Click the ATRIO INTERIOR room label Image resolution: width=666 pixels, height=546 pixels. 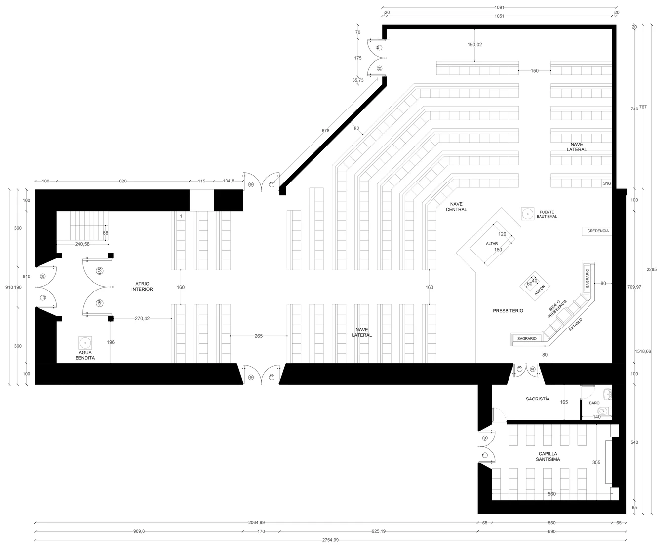[x=142, y=286]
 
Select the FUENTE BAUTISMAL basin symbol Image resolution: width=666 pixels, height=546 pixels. [x=528, y=214]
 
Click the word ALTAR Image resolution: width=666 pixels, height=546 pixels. [x=492, y=244]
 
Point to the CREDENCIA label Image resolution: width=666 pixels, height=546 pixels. [x=598, y=231]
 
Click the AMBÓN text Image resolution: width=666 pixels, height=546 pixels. [x=540, y=290]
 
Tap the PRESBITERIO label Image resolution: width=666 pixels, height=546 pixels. [x=508, y=311]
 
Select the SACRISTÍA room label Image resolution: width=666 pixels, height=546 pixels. [x=538, y=399]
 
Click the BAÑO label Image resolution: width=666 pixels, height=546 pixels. [x=594, y=403]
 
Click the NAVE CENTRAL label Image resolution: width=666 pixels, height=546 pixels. [x=456, y=207]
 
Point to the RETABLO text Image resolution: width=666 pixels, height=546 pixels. [x=575, y=324]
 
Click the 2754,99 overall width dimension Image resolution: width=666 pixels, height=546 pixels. [x=330, y=540]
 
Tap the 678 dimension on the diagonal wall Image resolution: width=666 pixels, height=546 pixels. [x=325, y=131]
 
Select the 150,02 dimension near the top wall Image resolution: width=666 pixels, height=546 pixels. [x=474, y=45]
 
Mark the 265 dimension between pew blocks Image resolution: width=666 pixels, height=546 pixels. [x=259, y=336]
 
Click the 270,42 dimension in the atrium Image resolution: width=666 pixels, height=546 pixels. [x=142, y=319]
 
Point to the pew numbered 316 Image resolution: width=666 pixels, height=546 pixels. [x=607, y=184]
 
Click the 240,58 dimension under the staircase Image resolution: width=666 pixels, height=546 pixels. [x=82, y=244]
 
